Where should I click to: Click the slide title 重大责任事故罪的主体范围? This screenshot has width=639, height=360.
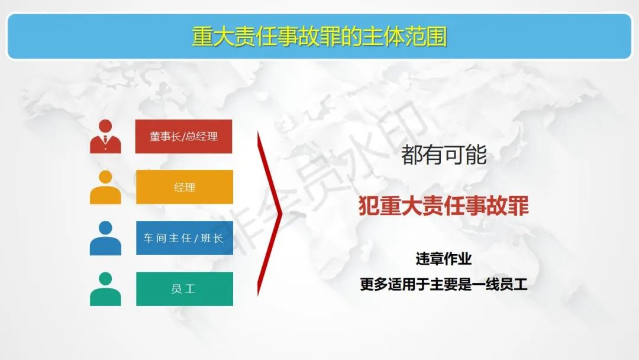319,37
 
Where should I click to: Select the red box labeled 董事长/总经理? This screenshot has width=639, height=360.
184,136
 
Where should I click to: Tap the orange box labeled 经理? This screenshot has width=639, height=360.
185,187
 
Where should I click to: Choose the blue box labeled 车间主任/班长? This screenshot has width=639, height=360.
185,238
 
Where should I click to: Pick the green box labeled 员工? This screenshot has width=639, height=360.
185,289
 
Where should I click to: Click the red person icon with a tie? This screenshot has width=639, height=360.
105,137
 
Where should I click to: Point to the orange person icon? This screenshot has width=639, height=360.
105,187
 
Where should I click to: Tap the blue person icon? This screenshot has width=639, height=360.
105,238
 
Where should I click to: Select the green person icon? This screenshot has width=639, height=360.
105,289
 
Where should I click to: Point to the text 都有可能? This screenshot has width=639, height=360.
444,155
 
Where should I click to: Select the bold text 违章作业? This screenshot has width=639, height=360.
443,259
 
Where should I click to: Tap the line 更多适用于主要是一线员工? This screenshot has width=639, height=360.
444,284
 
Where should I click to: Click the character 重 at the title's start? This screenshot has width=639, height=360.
202,37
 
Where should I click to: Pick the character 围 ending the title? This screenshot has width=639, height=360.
437,37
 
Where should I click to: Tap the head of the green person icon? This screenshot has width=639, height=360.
105,278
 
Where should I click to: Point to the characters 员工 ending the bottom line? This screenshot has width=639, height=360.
514,284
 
